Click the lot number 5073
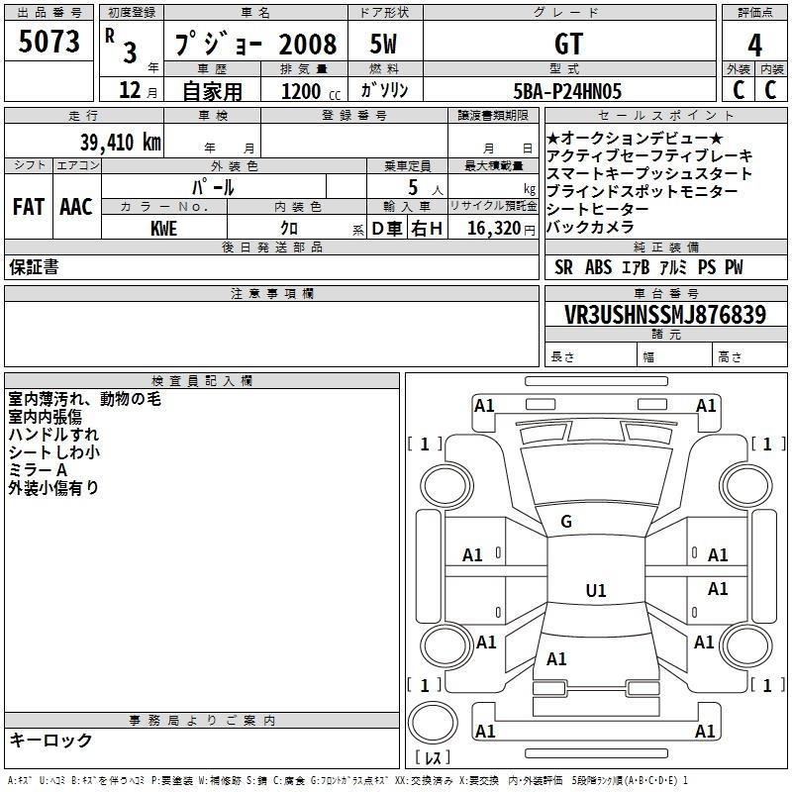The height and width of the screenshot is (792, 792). tap(49, 42)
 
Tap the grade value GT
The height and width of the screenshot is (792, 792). tap(569, 44)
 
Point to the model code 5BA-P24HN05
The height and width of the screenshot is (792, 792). tap(569, 91)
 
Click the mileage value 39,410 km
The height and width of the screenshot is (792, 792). tap(115, 142)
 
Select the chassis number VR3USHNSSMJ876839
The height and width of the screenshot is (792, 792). tap(665, 315)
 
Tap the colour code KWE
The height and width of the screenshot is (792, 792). tap(164, 229)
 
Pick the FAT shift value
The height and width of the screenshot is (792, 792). tap(29, 207)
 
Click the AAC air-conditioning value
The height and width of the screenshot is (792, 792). tap(76, 207)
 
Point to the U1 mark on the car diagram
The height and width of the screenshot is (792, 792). tap(596, 591)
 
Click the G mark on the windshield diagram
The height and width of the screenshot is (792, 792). tap(566, 522)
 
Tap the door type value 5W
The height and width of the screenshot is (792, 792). tap(383, 44)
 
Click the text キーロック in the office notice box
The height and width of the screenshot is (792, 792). tap(50, 740)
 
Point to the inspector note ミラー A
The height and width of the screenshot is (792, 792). tap(38, 470)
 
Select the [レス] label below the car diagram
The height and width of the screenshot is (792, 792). tap(433, 758)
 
